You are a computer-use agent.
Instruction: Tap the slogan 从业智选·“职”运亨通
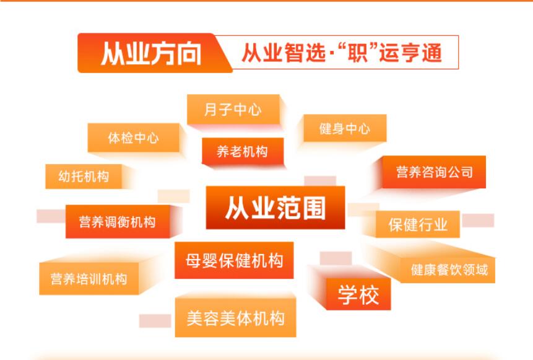point(342,53)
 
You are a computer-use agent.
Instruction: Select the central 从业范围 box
point(275,208)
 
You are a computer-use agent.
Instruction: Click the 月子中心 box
point(233,109)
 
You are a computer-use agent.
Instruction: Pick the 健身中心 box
point(345,128)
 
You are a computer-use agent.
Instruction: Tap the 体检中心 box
point(133,138)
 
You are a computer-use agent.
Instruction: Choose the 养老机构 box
point(243,151)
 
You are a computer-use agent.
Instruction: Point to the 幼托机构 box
point(84,176)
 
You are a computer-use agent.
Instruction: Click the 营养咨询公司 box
point(434,172)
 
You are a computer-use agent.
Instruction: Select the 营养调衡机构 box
point(118,221)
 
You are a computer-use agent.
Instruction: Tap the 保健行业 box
point(418,224)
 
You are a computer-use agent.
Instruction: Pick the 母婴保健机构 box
point(234,260)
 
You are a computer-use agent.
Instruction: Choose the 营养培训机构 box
point(89,279)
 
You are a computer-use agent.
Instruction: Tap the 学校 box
point(358,294)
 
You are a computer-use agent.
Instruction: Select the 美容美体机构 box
point(236,318)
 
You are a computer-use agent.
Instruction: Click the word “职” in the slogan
point(358,53)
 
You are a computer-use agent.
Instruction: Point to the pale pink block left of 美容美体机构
point(155,321)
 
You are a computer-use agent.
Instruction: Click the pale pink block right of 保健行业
point(478,220)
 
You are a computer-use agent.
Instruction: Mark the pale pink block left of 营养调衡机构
point(51,216)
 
